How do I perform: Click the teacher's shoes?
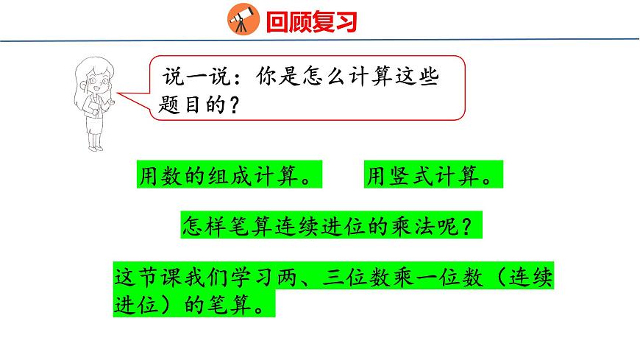93,147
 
